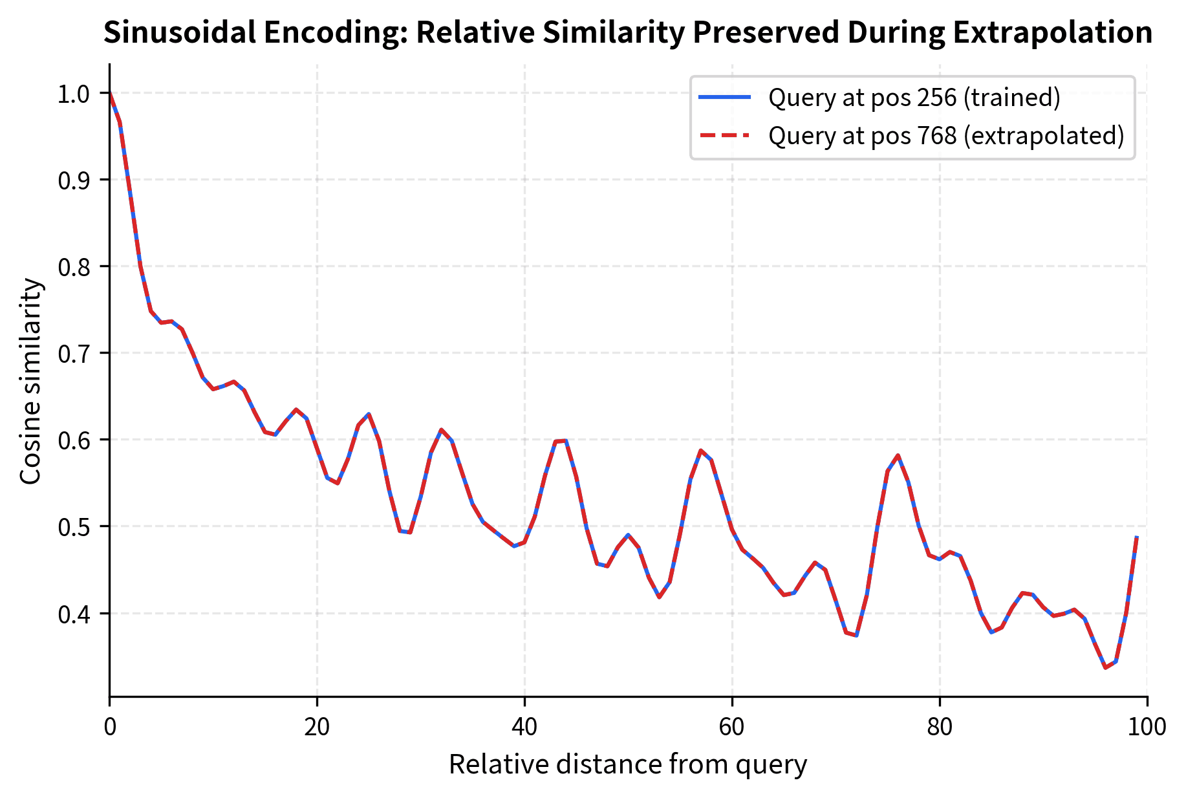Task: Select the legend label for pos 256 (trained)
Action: (x=914, y=97)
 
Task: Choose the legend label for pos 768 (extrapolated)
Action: (x=946, y=136)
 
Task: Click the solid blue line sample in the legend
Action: (x=724, y=97)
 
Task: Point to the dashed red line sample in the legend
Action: (x=724, y=136)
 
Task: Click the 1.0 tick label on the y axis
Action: (x=73, y=94)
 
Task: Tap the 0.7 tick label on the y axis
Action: (x=73, y=354)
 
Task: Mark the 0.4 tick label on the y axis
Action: (x=73, y=614)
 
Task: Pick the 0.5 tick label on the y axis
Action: (x=73, y=527)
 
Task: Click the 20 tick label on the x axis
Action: (x=317, y=727)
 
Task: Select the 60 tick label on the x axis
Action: (x=732, y=727)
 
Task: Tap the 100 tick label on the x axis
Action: (x=1147, y=727)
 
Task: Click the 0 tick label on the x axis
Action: (x=110, y=727)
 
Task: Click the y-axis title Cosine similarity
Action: (x=30, y=382)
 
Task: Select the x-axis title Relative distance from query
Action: (x=627, y=764)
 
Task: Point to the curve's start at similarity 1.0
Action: (x=110, y=93)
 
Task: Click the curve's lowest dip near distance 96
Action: (x=1105, y=667)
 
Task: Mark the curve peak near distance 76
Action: (x=898, y=455)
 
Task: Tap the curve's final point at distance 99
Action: (x=1136, y=537)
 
